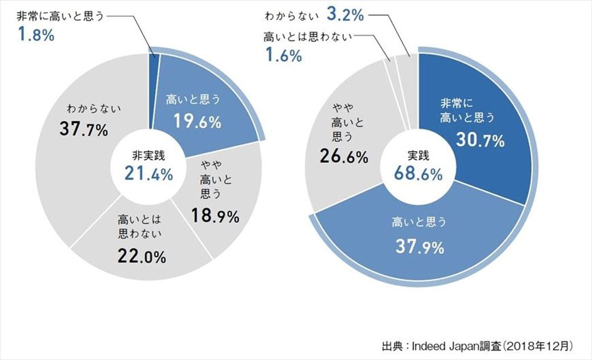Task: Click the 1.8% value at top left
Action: pos(36,35)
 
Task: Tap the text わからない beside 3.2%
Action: pos(296,14)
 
